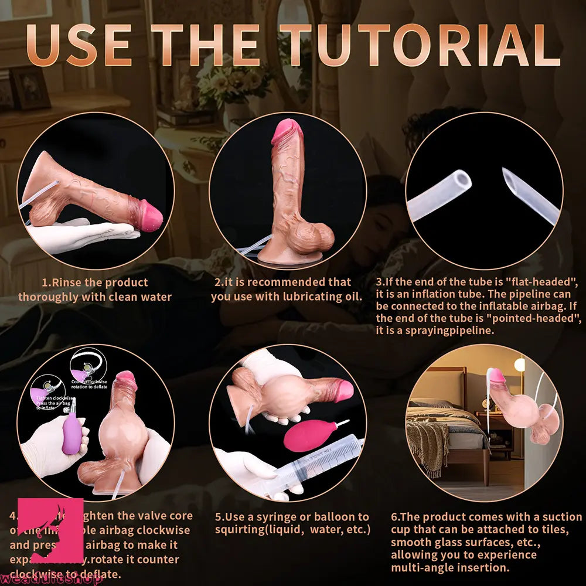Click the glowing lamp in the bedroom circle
click(x=519, y=364)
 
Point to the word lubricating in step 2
click(x=309, y=297)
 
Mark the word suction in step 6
click(x=560, y=517)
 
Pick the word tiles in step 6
click(x=547, y=530)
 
